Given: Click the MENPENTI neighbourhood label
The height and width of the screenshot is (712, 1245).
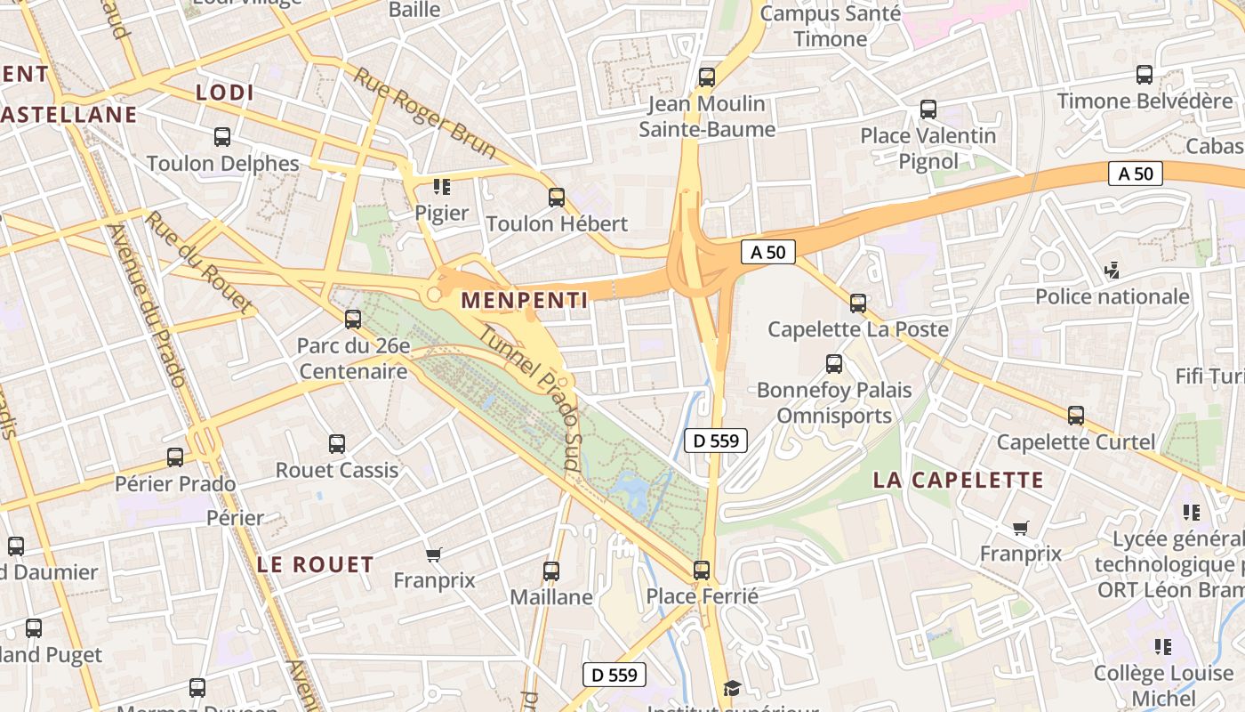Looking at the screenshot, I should coord(525,301).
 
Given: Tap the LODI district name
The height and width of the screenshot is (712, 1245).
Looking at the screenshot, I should coord(225,93).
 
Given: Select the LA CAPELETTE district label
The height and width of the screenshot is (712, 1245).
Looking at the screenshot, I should coord(958,481).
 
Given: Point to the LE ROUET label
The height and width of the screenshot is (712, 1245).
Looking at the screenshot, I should coord(316,564).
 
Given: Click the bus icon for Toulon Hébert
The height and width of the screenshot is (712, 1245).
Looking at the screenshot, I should coord(557,198).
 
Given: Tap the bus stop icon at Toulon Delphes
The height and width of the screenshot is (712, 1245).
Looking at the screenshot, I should coord(222,137).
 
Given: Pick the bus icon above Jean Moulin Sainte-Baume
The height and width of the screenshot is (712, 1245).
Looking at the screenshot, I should coord(707,77).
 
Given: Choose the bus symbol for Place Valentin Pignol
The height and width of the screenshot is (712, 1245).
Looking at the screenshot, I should coord(928,109).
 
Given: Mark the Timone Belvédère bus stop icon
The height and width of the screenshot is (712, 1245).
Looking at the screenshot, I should coord(1145,75).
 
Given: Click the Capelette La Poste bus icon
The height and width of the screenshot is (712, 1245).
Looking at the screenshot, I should coord(858,303).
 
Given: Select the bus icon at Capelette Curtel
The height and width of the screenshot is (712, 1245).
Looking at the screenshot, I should coord(1076,416).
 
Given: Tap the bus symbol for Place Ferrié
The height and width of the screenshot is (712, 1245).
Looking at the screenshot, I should coord(702,570).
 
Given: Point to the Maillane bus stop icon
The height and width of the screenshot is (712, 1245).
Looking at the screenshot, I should coord(551,570).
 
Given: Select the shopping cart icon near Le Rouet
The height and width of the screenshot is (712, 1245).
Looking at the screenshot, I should coord(433,554).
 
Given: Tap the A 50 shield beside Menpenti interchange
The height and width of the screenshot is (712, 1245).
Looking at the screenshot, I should coord(768,252).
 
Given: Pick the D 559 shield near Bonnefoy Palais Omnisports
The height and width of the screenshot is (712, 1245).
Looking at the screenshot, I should coord(716,440).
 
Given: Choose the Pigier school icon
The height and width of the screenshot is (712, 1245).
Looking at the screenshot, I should coord(441,186).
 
